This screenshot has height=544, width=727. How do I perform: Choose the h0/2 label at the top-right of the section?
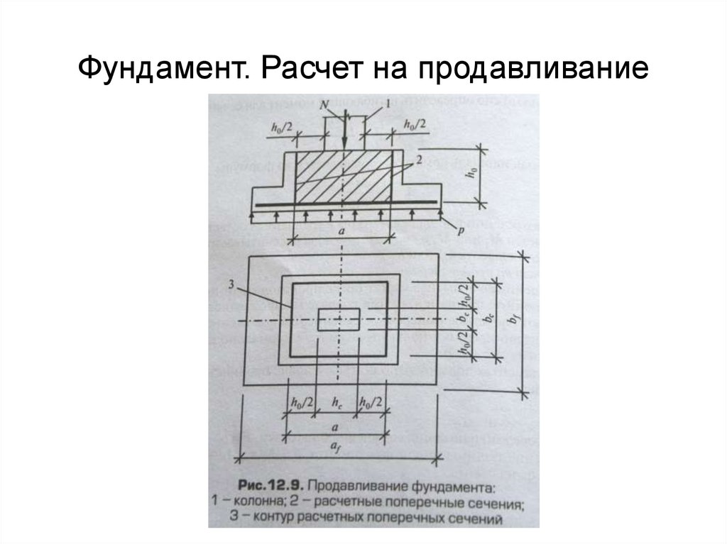coord(415,125)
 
